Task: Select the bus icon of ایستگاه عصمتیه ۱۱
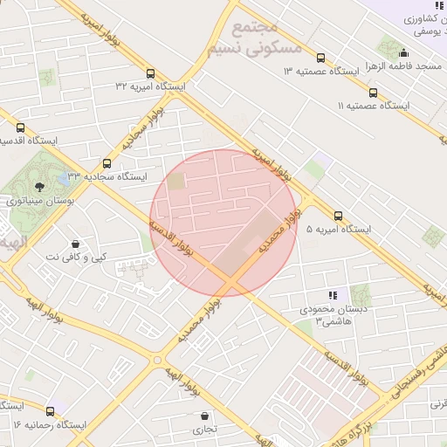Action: coord(374,93)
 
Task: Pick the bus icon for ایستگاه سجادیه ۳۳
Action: coord(107,163)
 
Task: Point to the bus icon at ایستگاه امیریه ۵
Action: coord(338,216)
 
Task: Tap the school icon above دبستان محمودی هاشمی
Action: coord(332,295)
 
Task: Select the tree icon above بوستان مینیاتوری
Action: coord(38,187)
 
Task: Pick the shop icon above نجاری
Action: coord(205,416)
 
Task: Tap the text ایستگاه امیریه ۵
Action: coord(339,230)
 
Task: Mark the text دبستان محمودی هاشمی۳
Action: coord(324,316)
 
